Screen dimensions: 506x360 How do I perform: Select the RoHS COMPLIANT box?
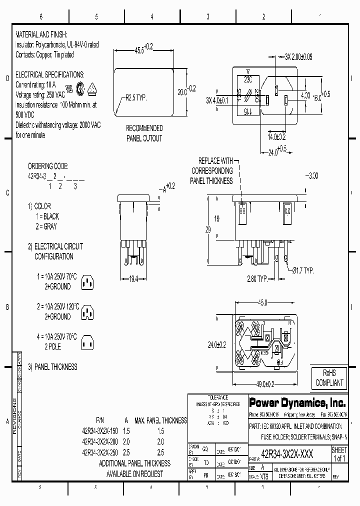coord(329,378)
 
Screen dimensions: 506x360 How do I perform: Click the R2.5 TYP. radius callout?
coord(135,98)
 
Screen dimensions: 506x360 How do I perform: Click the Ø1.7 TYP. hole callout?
coord(302,270)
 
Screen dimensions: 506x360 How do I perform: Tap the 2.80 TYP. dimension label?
coord(257,278)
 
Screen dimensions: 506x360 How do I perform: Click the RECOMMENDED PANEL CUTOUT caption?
coord(144,133)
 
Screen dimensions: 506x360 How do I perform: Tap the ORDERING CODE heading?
coord(48,166)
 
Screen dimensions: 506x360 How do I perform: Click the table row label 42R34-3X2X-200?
coord(99,441)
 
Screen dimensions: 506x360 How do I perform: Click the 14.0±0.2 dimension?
coord(276,136)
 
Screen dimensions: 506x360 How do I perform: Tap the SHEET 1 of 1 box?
coord(339,454)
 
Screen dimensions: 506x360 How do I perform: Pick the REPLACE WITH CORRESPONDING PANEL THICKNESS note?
coord(215,171)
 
